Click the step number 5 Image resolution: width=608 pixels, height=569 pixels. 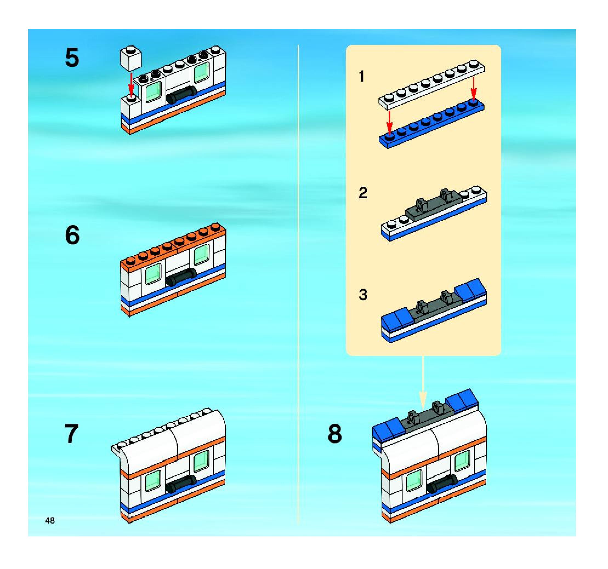tap(72, 58)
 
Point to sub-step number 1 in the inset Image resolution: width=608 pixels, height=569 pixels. tap(362, 76)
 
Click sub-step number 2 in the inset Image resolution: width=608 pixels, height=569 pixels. tap(363, 193)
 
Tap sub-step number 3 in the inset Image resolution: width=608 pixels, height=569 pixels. tap(363, 295)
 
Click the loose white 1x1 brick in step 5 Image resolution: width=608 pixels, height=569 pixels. tap(130, 58)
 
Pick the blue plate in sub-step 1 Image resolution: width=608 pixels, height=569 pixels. tap(431, 125)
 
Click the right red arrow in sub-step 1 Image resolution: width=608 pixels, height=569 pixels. tap(473, 88)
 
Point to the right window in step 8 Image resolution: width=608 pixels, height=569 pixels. tap(462, 460)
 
